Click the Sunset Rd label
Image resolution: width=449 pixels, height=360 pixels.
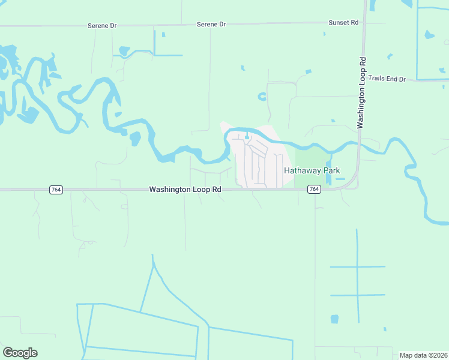click(x=343, y=22)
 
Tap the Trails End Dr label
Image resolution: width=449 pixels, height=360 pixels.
click(x=387, y=79)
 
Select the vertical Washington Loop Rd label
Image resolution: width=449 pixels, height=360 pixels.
click(x=361, y=92)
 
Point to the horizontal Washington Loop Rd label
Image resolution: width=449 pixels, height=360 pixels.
click(x=185, y=190)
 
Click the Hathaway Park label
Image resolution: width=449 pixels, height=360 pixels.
click(x=312, y=171)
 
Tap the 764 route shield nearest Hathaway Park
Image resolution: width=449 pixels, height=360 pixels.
click(x=314, y=190)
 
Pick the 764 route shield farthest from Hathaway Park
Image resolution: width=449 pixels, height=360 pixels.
click(x=55, y=190)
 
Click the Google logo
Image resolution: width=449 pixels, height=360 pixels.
click(x=20, y=353)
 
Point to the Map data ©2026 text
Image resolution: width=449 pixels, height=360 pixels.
click(x=423, y=355)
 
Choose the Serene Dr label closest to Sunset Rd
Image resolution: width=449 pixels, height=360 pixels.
click(x=211, y=25)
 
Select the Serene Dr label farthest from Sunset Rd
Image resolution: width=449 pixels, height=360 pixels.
click(x=101, y=26)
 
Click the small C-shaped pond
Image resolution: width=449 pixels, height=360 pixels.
click(x=262, y=96)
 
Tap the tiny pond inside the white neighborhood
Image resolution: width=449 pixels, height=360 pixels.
click(x=247, y=135)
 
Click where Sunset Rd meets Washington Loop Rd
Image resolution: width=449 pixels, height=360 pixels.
click(x=364, y=23)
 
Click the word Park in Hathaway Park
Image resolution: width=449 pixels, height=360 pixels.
click(x=332, y=171)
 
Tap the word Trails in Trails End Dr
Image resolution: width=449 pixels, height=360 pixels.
click(x=376, y=79)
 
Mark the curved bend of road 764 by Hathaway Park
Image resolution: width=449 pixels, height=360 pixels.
click(x=354, y=182)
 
